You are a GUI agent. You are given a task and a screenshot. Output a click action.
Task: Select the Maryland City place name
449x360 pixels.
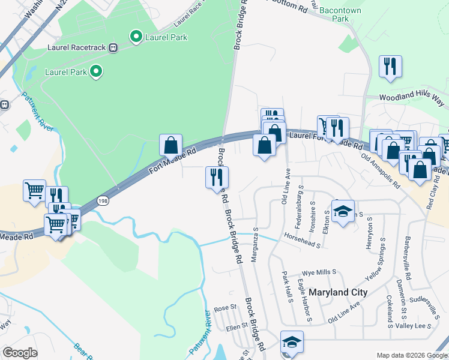338,292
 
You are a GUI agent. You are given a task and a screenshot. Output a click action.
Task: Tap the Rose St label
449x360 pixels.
226,308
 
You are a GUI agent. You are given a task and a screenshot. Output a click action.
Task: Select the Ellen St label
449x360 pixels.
237,326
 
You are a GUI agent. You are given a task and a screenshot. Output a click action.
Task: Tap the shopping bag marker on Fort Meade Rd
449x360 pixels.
170,145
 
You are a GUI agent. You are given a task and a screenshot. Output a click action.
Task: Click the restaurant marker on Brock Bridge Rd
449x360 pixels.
217,177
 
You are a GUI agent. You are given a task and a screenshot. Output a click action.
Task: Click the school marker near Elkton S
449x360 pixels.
343,212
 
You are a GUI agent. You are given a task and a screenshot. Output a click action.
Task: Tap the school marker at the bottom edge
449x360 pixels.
292,342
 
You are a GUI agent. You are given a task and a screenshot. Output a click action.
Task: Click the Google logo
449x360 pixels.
20,353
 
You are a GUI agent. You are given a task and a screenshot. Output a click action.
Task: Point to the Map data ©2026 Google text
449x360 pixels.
411,355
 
